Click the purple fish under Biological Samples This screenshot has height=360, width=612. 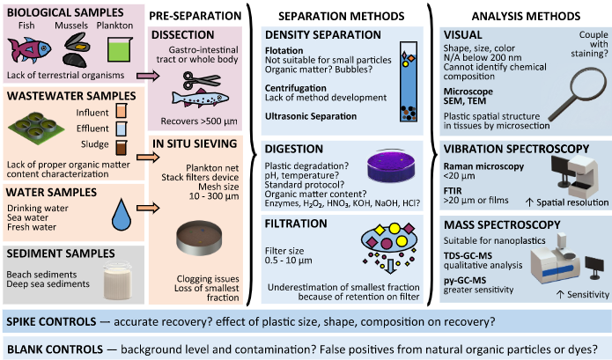pos(29,49)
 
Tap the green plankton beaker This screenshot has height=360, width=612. pos(120,49)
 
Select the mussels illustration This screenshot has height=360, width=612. pos(76,50)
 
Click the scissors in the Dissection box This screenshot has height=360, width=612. pos(202,81)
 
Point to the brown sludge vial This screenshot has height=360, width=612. pos(122,147)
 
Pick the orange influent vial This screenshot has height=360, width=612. pos(122,110)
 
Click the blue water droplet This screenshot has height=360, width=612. pos(121,214)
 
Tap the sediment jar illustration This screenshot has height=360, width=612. pos(117,281)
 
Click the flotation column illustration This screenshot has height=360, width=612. pos(409,82)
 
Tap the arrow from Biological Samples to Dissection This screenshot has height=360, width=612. pos(148,76)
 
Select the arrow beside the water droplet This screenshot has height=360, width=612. pos(148,208)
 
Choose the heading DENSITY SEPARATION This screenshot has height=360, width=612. pos(323,35)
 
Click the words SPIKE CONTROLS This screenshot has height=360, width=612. pos(51,322)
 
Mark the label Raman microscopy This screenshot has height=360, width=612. pos(483,166)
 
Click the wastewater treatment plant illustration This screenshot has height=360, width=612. pos(36,126)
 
